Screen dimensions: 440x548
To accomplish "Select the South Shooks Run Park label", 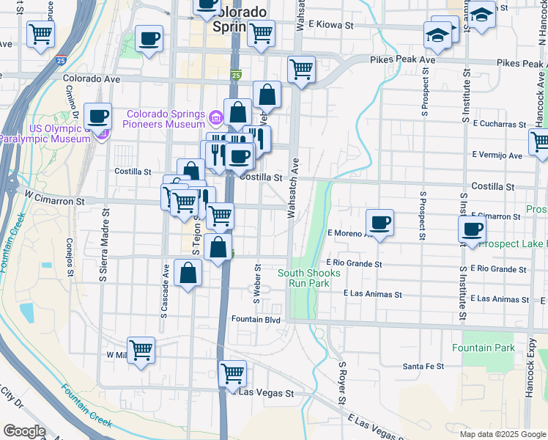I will pos(309,278).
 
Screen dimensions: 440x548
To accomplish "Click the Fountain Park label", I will pos(484,348).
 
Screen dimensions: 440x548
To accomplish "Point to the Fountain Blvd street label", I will pos(256,320).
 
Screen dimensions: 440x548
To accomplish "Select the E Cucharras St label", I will pos(500,124).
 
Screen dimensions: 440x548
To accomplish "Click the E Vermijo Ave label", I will pos(497,155).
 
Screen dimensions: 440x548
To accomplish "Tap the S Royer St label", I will pos(341,383).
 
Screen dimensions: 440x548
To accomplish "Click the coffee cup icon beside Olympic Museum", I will pos(97,115).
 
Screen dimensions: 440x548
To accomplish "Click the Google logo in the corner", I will pos(24,431).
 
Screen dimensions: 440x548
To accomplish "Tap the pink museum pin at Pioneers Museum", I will pos(216,117).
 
